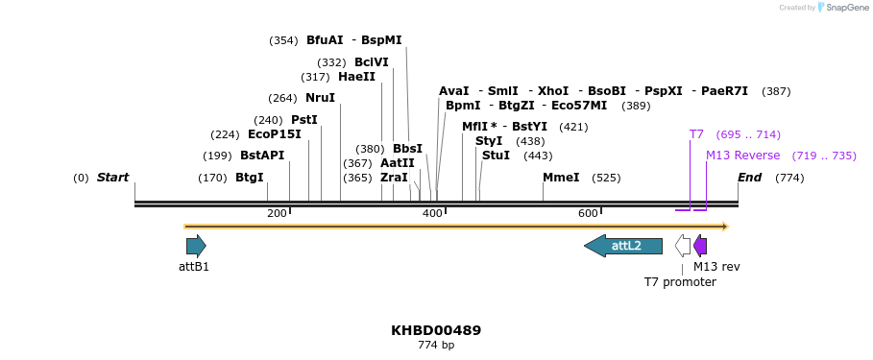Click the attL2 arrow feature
click(623, 246)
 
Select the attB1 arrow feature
click(196, 246)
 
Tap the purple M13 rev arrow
click(700, 246)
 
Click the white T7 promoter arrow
click(683, 246)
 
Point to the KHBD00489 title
click(436, 330)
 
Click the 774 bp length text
click(436, 345)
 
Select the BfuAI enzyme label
click(325, 40)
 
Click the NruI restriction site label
click(320, 98)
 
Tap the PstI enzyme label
click(304, 120)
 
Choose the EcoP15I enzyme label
click(275, 134)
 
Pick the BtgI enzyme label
click(249, 178)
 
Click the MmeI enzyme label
click(561, 178)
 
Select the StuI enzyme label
click(496, 156)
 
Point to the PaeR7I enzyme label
click(724, 91)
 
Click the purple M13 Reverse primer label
click(742, 156)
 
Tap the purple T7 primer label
click(696, 134)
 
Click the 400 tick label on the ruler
click(432, 213)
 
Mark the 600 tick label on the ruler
click(588, 213)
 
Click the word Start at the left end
click(112, 178)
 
